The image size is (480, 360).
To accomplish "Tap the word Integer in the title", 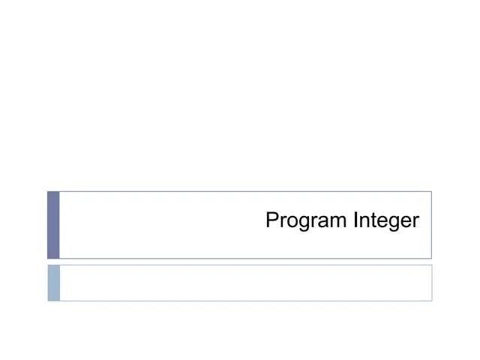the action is coord(385,222).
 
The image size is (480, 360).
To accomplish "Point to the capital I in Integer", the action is coord(355,221).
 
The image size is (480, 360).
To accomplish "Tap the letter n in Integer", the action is coord(363,223).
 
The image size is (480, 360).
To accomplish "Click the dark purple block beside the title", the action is coord(53,225).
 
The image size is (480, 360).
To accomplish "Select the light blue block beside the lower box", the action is coord(53,283).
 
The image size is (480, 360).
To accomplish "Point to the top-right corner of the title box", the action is coord(431,192).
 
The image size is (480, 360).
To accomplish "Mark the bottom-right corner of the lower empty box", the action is coord(431,300).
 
